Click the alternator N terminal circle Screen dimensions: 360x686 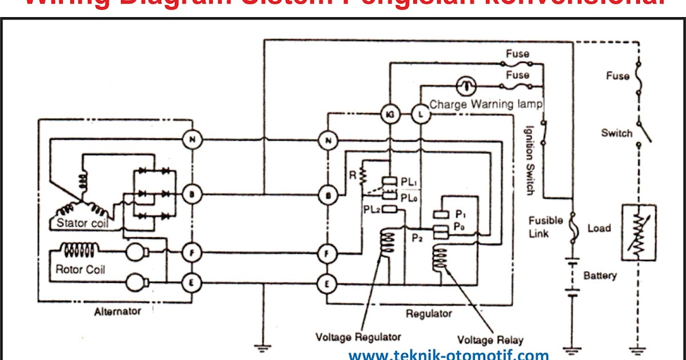click(192, 141)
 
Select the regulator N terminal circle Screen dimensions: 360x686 click(328, 141)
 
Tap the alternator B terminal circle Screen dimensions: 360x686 click(192, 195)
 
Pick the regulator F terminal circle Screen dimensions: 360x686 click(328, 252)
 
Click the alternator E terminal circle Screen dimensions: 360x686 click(192, 282)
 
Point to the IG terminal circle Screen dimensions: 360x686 click(389, 114)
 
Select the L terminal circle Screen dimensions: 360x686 click(421, 114)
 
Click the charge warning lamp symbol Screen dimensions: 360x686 click(466, 86)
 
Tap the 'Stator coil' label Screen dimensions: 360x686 click(81, 223)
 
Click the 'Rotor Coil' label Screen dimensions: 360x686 click(81, 269)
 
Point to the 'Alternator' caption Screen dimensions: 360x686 click(117, 311)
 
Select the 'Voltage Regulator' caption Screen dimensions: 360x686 click(358, 337)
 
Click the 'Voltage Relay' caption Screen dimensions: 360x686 click(490, 339)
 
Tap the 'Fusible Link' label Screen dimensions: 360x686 click(546, 227)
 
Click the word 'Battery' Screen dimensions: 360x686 click(600, 276)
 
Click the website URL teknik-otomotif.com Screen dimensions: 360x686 click(448, 355)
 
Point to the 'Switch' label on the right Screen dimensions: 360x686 click(617, 133)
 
